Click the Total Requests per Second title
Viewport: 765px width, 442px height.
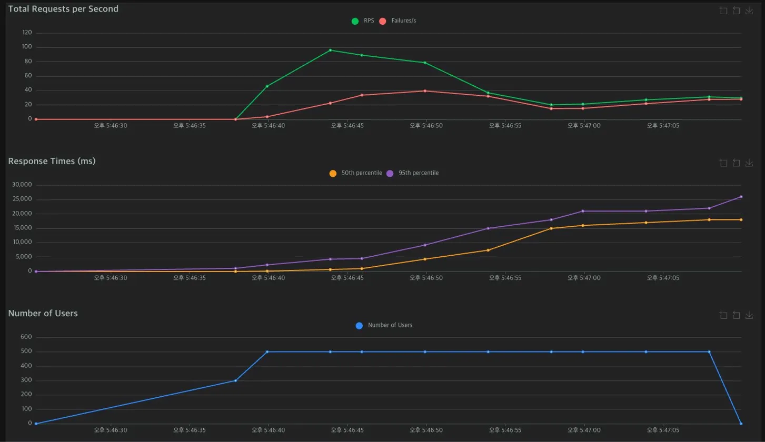click(x=63, y=9)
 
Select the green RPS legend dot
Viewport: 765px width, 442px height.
click(x=355, y=21)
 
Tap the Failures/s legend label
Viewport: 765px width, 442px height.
click(x=404, y=21)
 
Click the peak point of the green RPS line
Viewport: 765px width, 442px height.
click(x=330, y=50)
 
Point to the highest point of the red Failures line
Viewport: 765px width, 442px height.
click(x=425, y=91)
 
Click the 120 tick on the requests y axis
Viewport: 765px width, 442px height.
click(x=27, y=33)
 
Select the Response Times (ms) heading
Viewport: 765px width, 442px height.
click(x=52, y=161)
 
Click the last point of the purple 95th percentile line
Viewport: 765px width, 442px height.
click(x=741, y=197)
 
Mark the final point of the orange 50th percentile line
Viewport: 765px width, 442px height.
click(x=741, y=219)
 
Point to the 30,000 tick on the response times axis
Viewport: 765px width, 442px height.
click(x=22, y=185)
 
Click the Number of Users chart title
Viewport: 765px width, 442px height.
click(x=43, y=313)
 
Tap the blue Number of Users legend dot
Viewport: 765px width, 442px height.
click(x=359, y=326)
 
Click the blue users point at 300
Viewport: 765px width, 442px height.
click(x=235, y=380)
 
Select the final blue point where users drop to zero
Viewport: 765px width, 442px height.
click(x=741, y=424)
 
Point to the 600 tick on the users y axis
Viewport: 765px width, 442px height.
click(x=26, y=337)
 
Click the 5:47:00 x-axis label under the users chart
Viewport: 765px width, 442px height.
click(x=584, y=430)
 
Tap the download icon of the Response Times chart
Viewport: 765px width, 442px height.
click(x=749, y=163)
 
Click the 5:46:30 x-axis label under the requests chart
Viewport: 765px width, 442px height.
click(x=111, y=126)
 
